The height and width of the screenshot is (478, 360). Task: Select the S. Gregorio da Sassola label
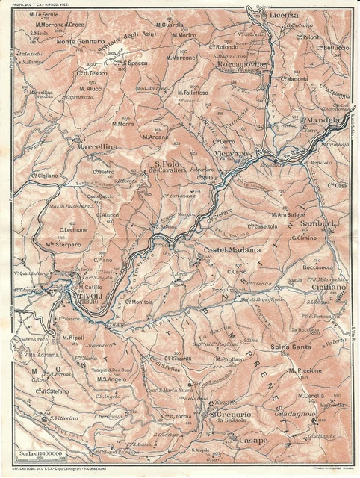pos(233,418)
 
